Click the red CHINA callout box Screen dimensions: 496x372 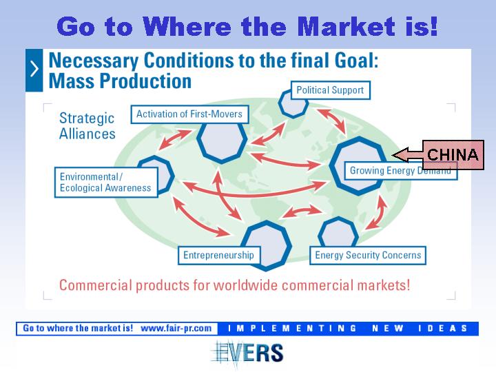453,155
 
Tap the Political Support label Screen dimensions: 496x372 330,90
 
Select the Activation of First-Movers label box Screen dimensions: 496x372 189,114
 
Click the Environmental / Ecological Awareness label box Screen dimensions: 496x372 106,183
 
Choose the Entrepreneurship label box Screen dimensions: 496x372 219,256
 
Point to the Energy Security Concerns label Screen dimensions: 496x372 368,256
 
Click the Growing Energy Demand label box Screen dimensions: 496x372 400,171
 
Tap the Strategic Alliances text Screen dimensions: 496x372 87,126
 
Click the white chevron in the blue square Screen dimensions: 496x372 34,70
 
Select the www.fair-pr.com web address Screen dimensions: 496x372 176,329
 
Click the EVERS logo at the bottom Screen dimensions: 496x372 247,353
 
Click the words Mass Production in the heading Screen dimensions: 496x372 120,81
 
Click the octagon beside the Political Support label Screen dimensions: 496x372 293,103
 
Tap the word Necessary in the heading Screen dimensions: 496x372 94,61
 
